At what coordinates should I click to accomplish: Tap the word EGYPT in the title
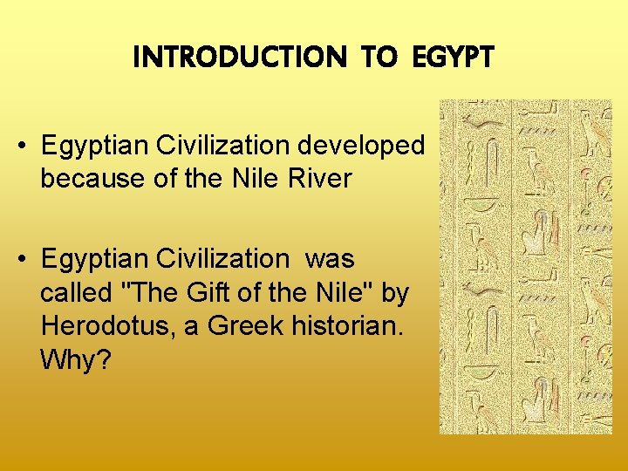tap(450, 58)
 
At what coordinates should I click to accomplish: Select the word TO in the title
tap(379, 58)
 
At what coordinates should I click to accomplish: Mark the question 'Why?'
tap(75, 359)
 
